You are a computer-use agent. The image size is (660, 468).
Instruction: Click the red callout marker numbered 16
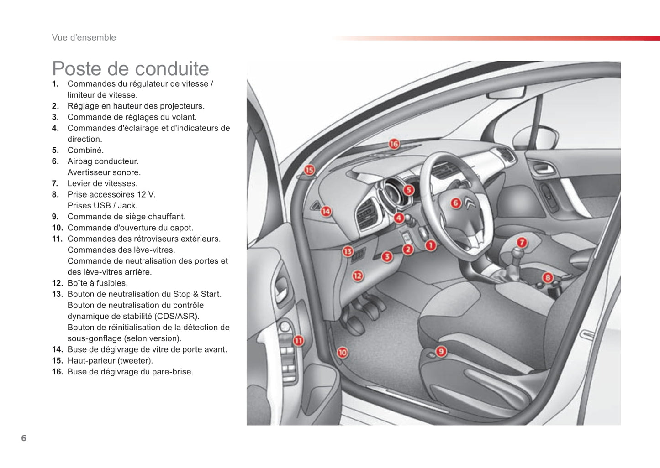394,144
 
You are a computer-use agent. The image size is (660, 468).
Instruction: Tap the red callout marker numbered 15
309,170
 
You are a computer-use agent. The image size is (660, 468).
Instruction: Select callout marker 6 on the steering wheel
455,203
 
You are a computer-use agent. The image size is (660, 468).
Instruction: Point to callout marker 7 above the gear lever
522,243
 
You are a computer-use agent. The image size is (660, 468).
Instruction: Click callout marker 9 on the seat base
441,351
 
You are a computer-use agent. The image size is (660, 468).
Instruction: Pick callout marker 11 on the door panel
298,341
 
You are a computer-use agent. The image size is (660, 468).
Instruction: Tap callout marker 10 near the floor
342,352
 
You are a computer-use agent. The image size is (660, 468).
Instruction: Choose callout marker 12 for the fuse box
357,276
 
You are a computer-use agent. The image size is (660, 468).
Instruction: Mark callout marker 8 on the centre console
548,277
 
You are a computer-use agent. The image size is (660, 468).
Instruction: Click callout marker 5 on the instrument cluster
408,190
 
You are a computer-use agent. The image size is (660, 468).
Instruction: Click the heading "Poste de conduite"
131,69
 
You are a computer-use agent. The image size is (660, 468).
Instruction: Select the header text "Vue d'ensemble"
84,37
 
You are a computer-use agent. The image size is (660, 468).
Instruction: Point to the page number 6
24,438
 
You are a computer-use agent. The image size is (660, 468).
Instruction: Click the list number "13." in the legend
57,294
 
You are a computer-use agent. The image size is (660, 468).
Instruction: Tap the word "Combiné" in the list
85,150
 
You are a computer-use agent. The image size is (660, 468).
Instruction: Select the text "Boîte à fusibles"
97,283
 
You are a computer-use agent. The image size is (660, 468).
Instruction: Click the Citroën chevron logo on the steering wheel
470,203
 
